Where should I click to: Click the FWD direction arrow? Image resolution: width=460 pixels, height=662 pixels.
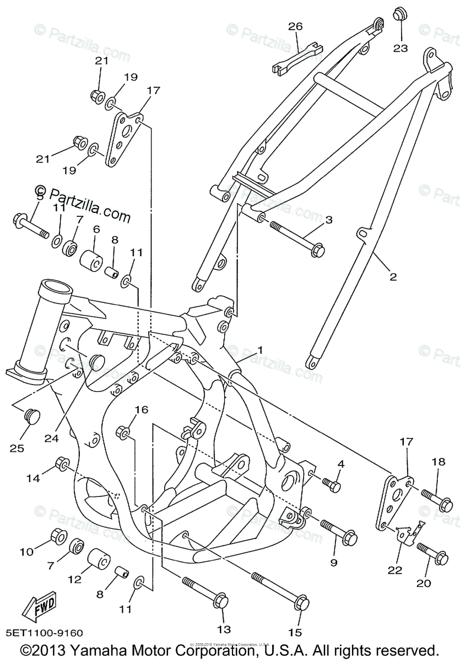[x=40, y=608]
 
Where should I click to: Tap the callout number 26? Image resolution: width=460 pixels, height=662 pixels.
[x=296, y=26]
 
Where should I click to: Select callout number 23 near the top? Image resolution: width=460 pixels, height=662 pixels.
[x=401, y=48]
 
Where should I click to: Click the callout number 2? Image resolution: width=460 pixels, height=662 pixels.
[x=393, y=277]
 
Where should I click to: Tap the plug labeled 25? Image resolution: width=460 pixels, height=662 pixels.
[x=33, y=414]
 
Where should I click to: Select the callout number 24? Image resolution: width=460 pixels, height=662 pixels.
[x=52, y=439]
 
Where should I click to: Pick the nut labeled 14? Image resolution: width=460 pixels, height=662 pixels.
[x=61, y=465]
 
